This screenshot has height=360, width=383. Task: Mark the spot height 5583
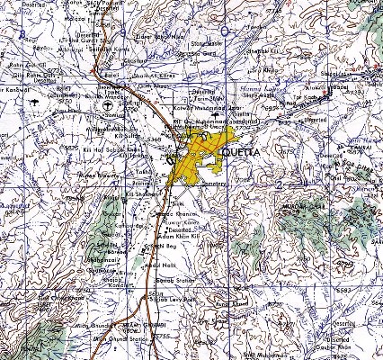pyautogui.click(x=367, y=291)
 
